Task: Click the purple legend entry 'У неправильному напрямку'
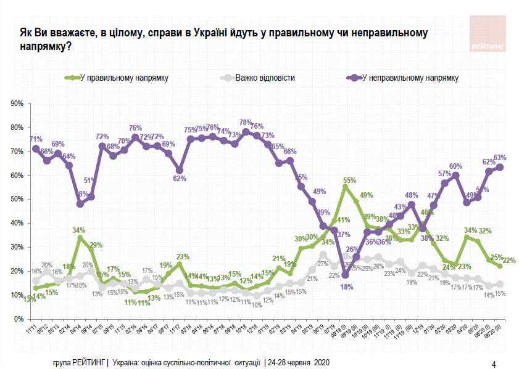[x=410, y=78]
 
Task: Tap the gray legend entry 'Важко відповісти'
[x=265, y=78]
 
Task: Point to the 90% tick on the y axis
[x=17, y=103]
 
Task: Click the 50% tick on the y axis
[x=17, y=199]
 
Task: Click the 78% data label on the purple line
[x=246, y=123]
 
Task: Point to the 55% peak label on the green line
[x=349, y=180]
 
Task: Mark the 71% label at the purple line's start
[x=35, y=139]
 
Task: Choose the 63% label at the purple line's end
[x=500, y=158]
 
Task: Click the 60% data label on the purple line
[x=455, y=166]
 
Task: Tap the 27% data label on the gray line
[x=323, y=264]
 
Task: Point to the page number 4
[x=493, y=363]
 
